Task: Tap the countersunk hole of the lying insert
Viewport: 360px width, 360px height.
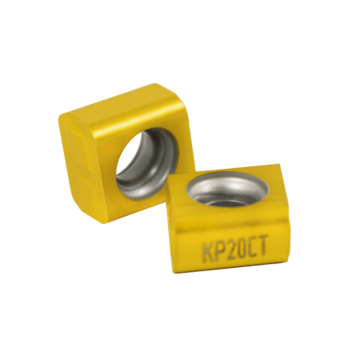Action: (x=227, y=189)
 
